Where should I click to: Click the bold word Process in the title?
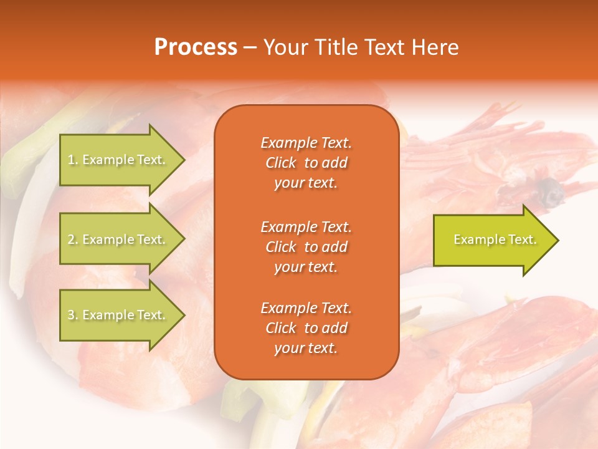click(196, 47)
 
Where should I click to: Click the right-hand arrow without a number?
click(492, 240)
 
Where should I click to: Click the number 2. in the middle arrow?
click(73, 239)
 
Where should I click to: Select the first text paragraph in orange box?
click(306, 163)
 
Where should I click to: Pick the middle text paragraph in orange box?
click(306, 247)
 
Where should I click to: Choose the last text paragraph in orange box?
click(306, 328)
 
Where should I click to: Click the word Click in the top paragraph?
click(281, 163)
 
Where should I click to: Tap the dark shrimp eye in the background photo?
click(549, 186)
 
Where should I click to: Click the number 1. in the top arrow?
click(72, 160)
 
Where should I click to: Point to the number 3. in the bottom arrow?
click(73, 315)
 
